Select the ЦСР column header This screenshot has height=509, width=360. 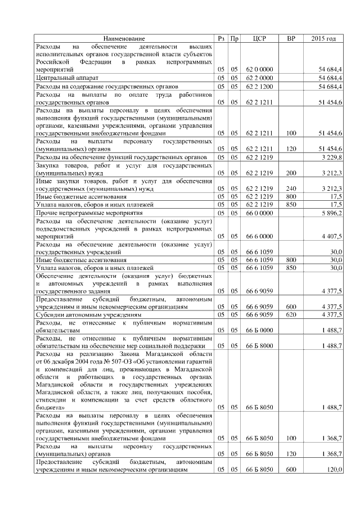[x=259, y=38]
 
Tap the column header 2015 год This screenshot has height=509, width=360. [x=323, y=38]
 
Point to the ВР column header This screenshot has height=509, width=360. [x=291, y=38]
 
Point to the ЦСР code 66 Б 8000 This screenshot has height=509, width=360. [x=259, y=345]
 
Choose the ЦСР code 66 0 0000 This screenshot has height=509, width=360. [x=259, y=213]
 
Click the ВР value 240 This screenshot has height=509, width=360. [x=291, y=188]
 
